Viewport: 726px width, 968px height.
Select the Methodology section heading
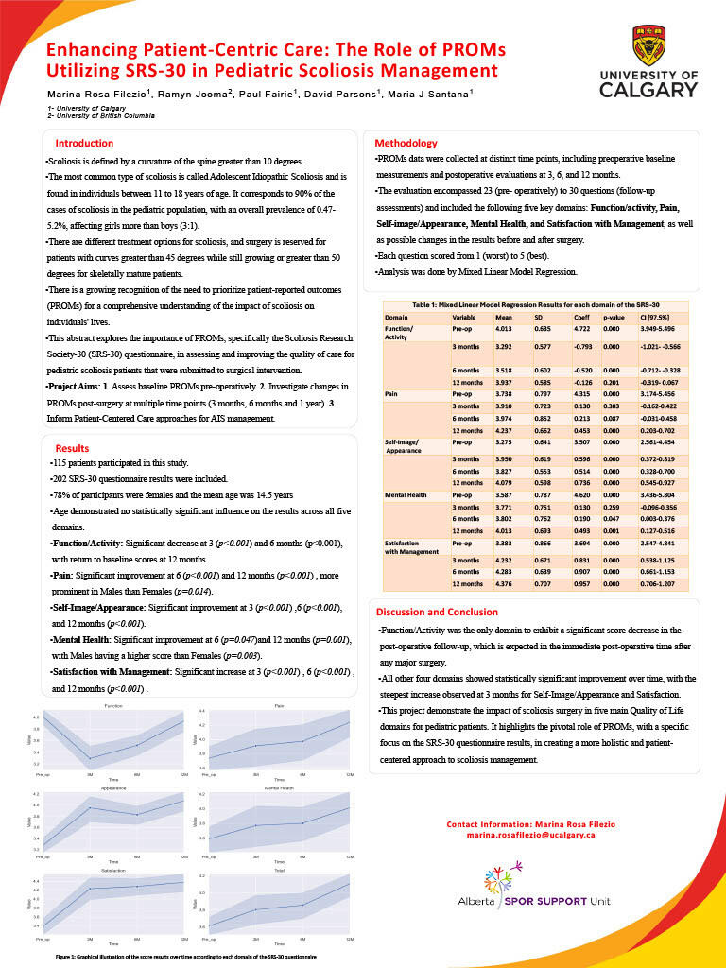tap(406, 143)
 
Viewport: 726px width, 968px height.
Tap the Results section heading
tap(72, 447)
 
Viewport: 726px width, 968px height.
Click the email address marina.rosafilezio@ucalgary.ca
tap(530, 836)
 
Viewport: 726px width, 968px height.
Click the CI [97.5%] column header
tap(604, 317)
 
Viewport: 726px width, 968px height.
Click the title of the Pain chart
tap(279, 705)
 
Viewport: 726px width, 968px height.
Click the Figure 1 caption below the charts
tap(185, 958)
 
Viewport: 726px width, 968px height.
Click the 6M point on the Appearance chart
tap(138, 815)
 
